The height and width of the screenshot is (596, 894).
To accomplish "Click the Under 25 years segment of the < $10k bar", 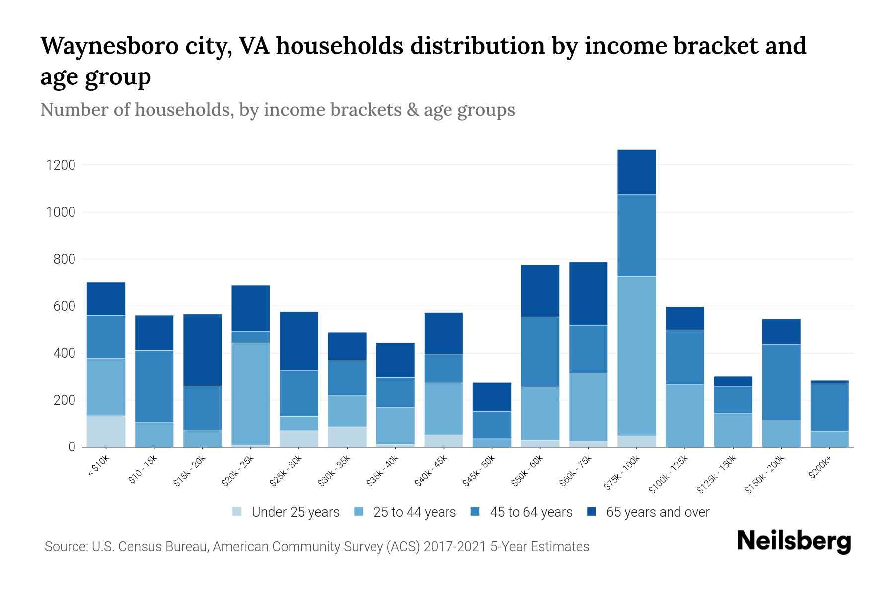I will click(x=106, y=431).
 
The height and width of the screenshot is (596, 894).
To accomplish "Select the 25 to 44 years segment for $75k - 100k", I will click(x=636, y=356).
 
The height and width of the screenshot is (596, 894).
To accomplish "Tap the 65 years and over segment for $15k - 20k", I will click(x=202, y=350).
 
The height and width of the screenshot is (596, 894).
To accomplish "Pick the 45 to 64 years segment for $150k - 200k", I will click(x=781, y=382).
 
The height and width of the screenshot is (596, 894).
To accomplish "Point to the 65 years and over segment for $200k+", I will click(x=829, y=382).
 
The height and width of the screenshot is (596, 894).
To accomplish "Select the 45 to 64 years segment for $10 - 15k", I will click(x=154, y=386).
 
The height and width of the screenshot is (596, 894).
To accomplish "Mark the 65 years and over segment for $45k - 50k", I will click(x=492, y=397).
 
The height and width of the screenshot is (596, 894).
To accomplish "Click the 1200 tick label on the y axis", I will click(x=61, y=165).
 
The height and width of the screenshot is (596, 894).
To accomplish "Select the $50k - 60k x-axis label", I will click(x=527, y=471).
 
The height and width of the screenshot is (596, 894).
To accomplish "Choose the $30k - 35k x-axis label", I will click(x=334, y=471).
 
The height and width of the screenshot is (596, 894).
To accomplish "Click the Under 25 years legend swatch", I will click(x=237, y=512).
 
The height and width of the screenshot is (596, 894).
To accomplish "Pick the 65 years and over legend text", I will click(x=658, y=512).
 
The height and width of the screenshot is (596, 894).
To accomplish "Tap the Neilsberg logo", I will click(x=794, y=541).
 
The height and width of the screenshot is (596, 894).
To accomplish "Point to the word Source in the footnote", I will click(x=65, y=547).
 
